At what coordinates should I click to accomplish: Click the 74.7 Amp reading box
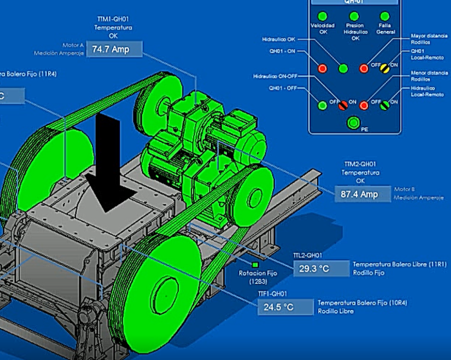[115, 49]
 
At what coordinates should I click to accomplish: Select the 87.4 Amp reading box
[362, 194]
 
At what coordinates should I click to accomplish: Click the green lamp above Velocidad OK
[323, 17]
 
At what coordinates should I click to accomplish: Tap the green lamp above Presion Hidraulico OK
[354, 17]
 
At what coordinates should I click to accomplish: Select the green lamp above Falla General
[385, 17]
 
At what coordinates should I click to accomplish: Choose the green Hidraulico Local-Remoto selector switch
[385, 105]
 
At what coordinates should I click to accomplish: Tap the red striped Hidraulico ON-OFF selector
[343, 105]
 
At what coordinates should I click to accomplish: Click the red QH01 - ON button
[322, 68]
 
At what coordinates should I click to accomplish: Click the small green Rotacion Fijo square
[255, 264]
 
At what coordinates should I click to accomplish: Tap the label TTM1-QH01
[113, 20]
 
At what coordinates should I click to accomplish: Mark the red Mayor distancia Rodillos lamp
[364, 68]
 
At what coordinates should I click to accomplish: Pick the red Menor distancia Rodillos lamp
[364, 105]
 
